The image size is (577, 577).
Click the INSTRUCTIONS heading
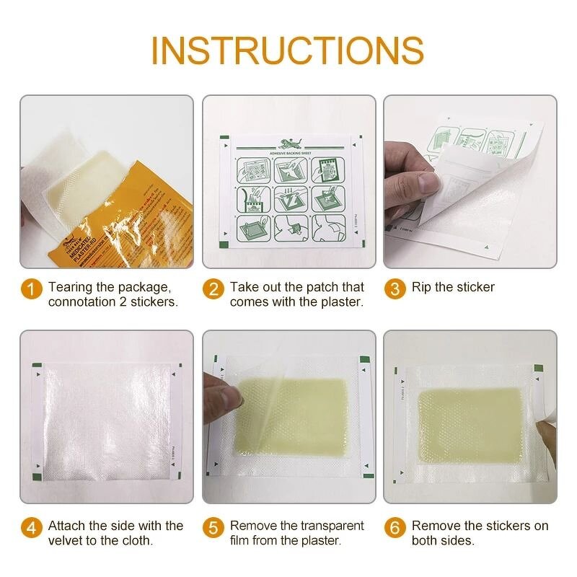(287, 50)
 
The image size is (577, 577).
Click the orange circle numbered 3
(394, 289)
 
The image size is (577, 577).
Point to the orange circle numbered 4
(30, 528)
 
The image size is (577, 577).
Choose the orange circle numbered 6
(394, 528)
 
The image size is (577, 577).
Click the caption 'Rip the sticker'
(453, 287)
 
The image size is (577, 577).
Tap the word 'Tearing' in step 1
(71, 287)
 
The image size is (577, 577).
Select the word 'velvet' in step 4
(66, 541)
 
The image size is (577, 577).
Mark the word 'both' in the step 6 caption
(426, 541)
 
